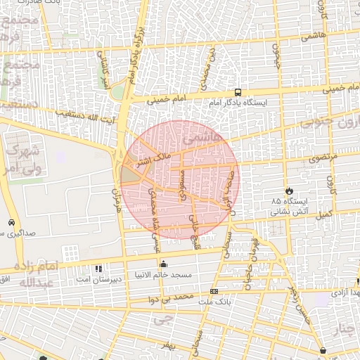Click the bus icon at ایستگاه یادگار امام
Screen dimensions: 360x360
pyautogui.click(x=237, y=92)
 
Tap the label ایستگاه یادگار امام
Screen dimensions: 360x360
pyautogui.click(x=237, y=103)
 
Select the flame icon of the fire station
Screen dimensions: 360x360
pyautogui.click(x=288, y=191)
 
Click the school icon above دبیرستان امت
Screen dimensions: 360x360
pyautogui.click(x=98, y=269)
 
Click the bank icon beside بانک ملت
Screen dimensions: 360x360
pyautogui.click(x=214, y=291)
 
